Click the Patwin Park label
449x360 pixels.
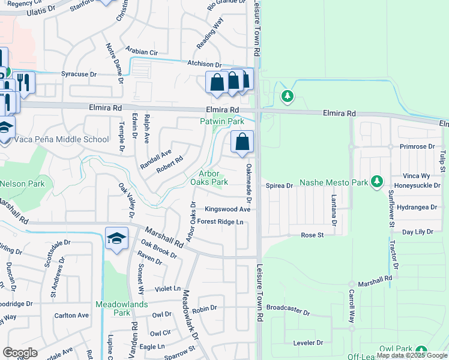pos(222,121)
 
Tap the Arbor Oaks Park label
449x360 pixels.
pos(209,178)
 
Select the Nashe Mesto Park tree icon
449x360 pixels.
pos(377,181)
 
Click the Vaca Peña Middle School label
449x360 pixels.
pos(55,140)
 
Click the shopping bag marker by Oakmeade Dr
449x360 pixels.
pos(242,143)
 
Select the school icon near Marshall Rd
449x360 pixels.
pos(116,238)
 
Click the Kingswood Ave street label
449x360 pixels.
pos(228,209)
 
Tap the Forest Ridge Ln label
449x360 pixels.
pos(220,222)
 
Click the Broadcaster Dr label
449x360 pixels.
pos(288,313)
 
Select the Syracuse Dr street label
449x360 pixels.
pos(79,74)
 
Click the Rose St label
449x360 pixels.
pos(312,235)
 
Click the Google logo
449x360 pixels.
pos(20,353)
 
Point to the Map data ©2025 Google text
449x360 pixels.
pos(411,356)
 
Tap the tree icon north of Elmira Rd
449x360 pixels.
pos(288,95)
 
